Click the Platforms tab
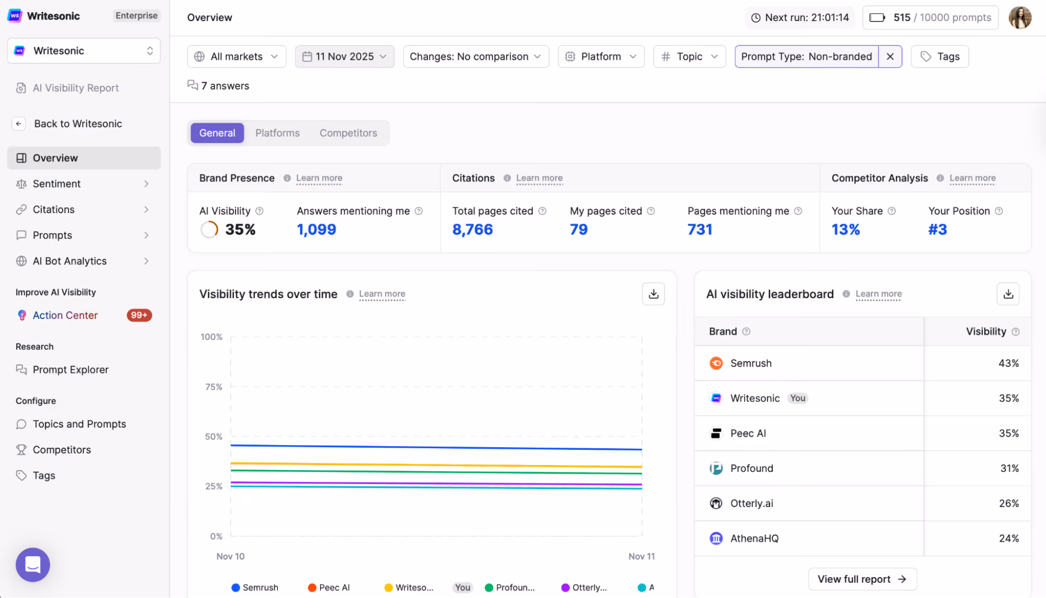tap(277, 133)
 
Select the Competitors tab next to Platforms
tap(348, 133)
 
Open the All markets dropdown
tap(237, 57)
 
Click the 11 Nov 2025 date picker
tap(345, 57)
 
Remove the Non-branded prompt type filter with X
tap(890, 57)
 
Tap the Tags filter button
tap(940, 57)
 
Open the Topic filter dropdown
tap(689, 57)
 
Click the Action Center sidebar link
tap(65, 315)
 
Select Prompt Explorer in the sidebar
tap(71, 370)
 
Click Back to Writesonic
tap(78, 124)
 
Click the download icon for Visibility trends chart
tap(653, 294)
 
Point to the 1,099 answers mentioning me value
tap(317, 229)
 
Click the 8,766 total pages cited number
tap(473, 229)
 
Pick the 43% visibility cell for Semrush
tap(1008, 363)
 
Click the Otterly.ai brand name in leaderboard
tap(751, 503)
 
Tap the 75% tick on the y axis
tap(213, 387)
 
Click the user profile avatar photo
tap(1020, 18)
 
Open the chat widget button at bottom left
tap(33, 565)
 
